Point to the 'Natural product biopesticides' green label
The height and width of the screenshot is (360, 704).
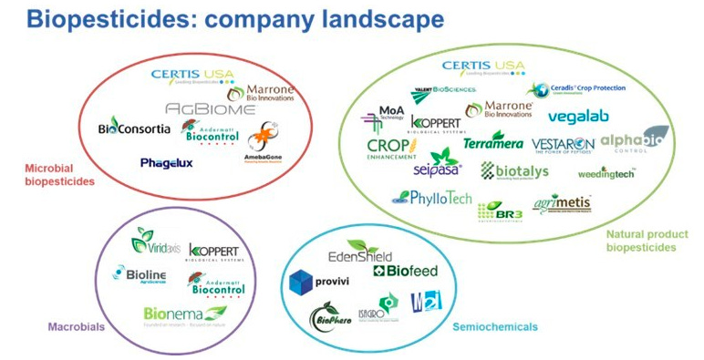(641, 240)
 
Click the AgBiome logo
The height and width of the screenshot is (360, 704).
(212, 108)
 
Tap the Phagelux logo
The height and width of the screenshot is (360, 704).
(166, 163)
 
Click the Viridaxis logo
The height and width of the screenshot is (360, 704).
(156, 242)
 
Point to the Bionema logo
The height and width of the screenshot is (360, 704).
(182, 315)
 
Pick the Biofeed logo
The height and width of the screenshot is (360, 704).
(406, 270)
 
